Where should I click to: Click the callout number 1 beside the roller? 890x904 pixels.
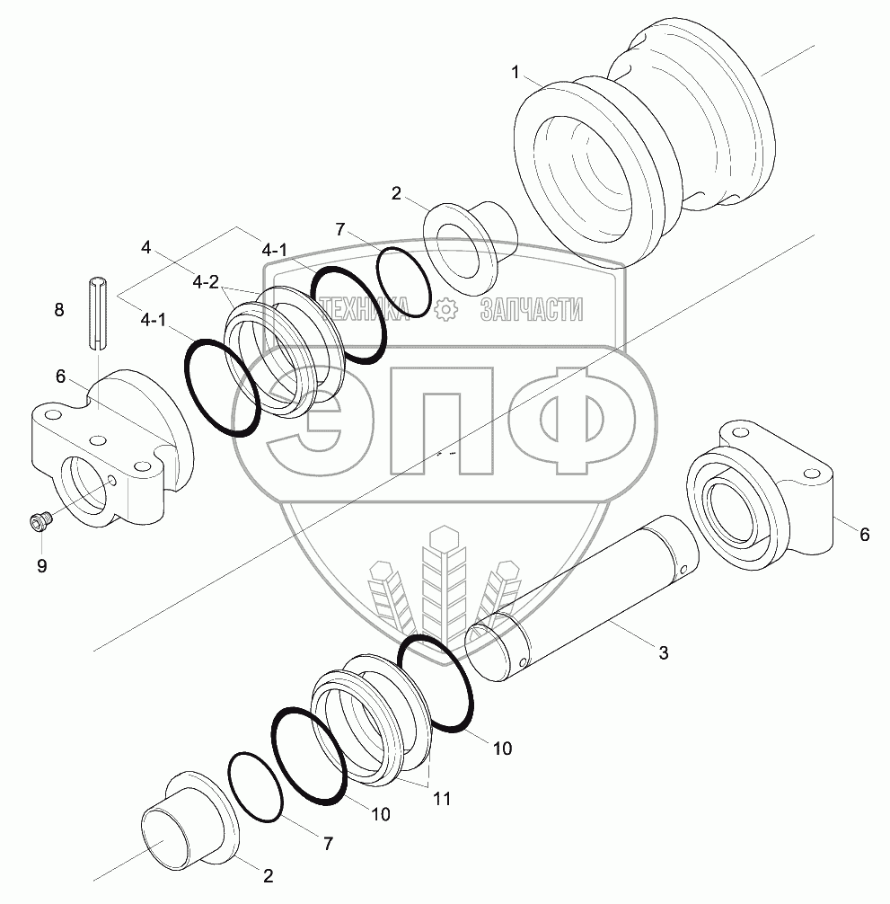[515, 73]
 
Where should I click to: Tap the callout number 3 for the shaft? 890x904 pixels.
[664, 652]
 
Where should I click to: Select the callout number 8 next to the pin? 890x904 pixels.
[58, 310]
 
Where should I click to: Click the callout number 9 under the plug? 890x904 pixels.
[41, 565]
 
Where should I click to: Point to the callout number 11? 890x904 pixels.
[442, 799]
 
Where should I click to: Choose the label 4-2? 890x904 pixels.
[206, 282]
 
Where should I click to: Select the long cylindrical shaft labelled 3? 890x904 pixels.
[582, 598]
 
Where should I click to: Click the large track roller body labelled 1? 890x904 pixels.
[642, 144]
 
